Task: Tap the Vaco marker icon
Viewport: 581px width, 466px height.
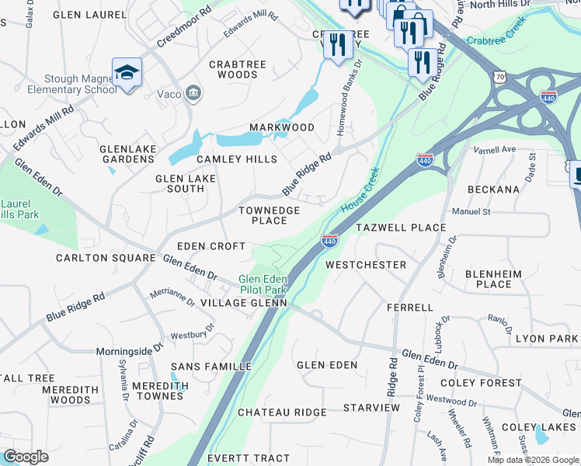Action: coord(193,94)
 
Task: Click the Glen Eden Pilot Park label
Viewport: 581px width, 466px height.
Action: coord(263,284)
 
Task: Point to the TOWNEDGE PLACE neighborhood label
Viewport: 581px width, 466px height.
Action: coord(269,215)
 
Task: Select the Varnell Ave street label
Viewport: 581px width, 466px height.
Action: coord(497,149)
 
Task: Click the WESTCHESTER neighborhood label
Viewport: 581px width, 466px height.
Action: coord(366,265)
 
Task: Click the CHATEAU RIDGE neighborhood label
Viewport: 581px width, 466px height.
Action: coord(282,412)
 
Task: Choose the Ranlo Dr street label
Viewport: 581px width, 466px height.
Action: coord(502,319)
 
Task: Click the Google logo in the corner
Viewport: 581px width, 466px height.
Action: coord(26,457)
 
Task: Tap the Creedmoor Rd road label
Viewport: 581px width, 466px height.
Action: coord(184,29)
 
